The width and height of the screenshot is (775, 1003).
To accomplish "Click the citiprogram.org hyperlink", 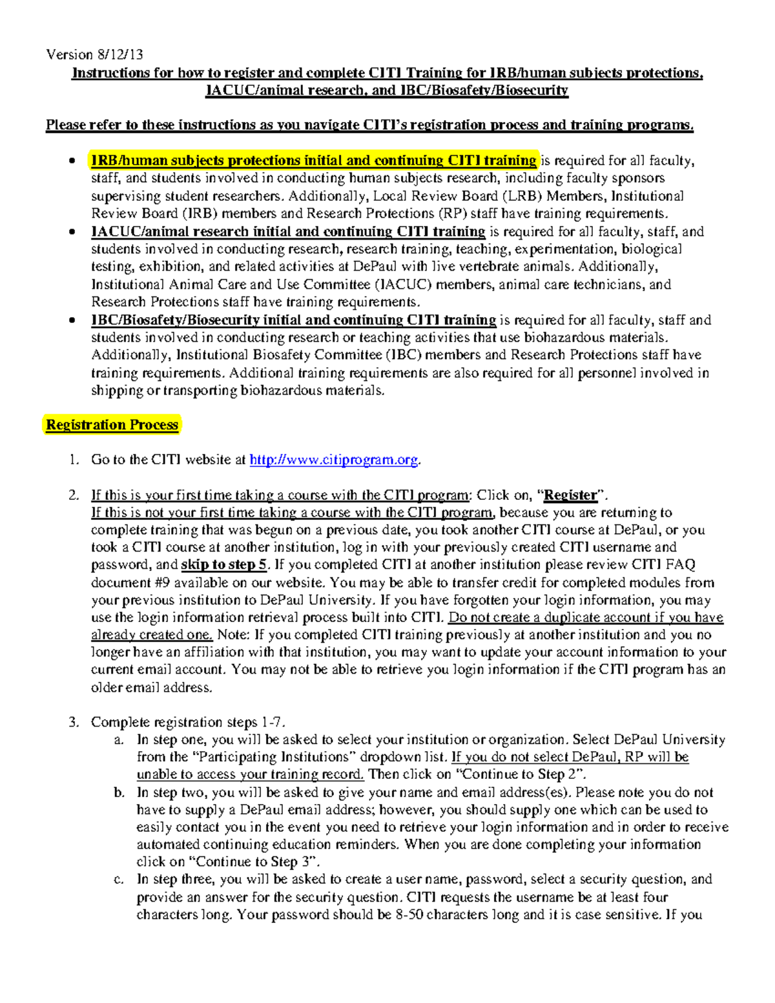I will tap(334, 460).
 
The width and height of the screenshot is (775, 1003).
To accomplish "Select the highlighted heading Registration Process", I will tap(112, 425).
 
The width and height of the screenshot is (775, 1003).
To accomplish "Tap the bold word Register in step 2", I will tap(570, 495).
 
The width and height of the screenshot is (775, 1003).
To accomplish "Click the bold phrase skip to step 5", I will tap(223, 564).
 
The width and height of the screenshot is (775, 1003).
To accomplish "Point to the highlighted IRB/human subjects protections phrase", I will tap(313, 160).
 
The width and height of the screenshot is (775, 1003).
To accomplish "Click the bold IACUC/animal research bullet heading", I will tap(288, 231).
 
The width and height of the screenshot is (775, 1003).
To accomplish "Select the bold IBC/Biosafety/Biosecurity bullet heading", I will tap(293, 320).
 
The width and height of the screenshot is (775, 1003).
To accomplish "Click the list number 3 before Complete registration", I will tap(73, 722).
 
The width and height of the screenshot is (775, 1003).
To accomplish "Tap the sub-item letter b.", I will tap(119, 792).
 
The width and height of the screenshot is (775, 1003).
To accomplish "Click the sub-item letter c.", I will tap(119, 879).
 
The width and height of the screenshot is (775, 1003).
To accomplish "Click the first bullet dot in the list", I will tap(72, 161).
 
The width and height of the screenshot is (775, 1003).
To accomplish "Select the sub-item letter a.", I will tap(119, 739).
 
